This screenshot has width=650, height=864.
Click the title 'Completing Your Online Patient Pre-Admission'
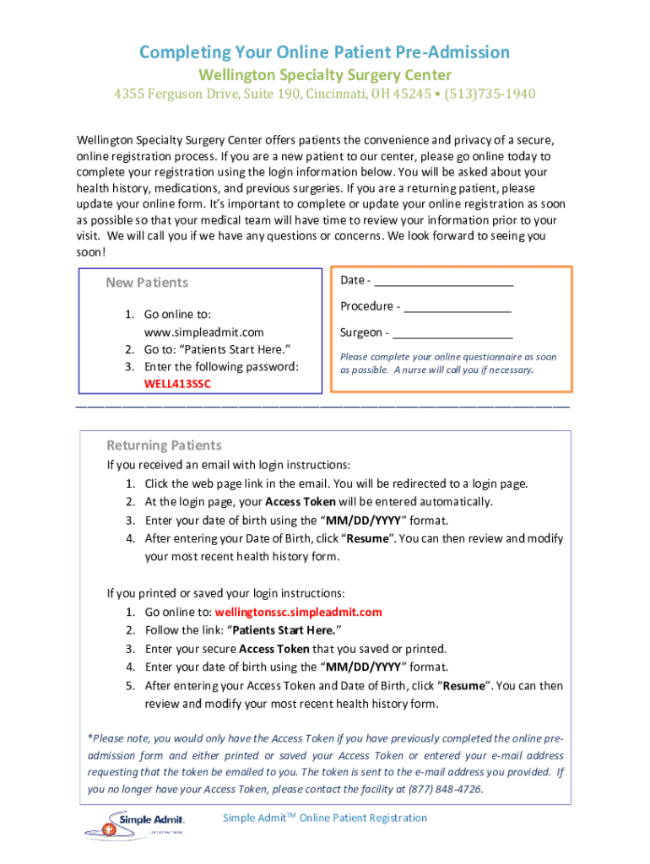click(x=324, y=52)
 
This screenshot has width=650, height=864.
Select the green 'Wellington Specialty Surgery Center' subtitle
click(x=324, y=74)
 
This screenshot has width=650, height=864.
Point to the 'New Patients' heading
click(x=147, y=283)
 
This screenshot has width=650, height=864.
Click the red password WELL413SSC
click(x=177, y=384)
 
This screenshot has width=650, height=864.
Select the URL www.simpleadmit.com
click(x=204, y=332)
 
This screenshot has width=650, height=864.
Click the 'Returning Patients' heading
click(x=164, y=445)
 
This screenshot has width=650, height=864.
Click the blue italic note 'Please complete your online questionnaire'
click(x=447, y=357)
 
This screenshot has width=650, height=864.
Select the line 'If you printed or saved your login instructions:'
click(x=225, y=593)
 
